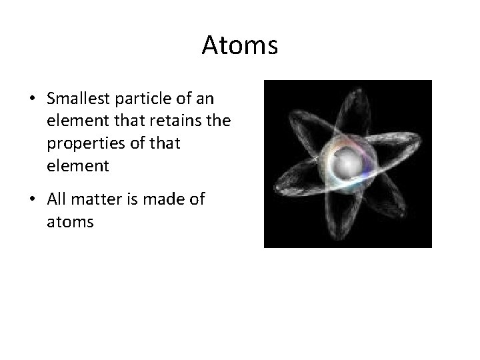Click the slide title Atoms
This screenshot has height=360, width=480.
(239, 45)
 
